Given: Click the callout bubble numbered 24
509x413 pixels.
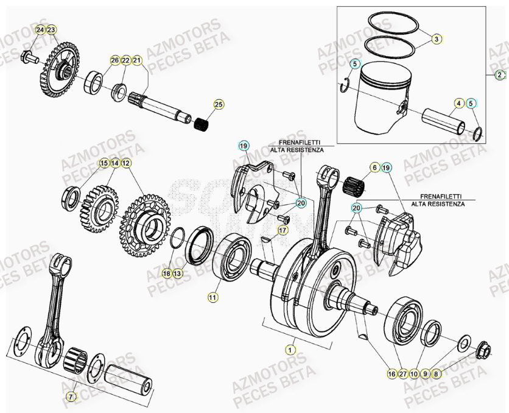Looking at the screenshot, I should pyautogui.click(x=40, y=30).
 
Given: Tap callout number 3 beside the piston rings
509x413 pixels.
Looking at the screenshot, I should pyautogui.click(x=437, y=40).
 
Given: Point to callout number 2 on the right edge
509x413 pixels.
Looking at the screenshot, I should pyautogui.click(x=500, y=75).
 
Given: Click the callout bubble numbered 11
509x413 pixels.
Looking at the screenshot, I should pyautogui.click(x=212, y=297).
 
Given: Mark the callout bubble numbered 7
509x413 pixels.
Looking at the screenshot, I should pyautogui.click(x=71, y=397).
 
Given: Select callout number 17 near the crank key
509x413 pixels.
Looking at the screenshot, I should pyautogui.click(x=282, y=230).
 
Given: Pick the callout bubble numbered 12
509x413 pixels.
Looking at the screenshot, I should pyautogui.click(x=125, y=163).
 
